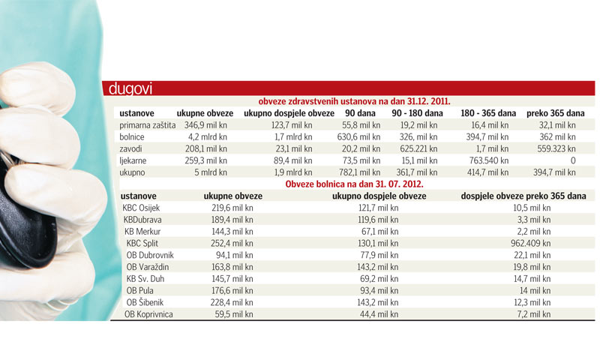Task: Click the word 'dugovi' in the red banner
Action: pyautogui.click(x=131, y=89)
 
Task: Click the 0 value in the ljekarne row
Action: pyautogui.click(x=572, y=160)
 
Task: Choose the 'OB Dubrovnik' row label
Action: pyautogui.click(x=151, y=255)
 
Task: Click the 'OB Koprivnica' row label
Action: pyautogui.click(x=148, y=314)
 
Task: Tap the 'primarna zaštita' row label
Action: pyautogui.click(x=148, y=124)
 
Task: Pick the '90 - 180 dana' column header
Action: pyautogui.click(x=417, y=112)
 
